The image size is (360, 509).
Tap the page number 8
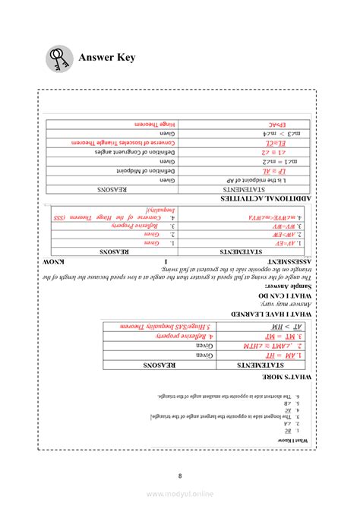tap(180, 476)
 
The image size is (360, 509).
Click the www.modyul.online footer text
tap(180, 494)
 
